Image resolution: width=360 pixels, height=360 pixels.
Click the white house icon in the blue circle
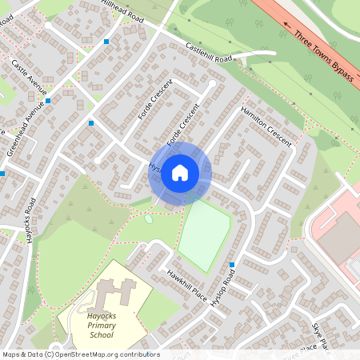tap(180, 173)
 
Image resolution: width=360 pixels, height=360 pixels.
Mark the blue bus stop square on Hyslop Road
tap(232, 265)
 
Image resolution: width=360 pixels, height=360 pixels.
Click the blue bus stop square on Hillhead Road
tap(106, 40)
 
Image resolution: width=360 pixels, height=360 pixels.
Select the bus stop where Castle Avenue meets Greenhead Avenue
tap(48, 101)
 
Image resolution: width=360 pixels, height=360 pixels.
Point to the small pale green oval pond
tap(149, 218)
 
